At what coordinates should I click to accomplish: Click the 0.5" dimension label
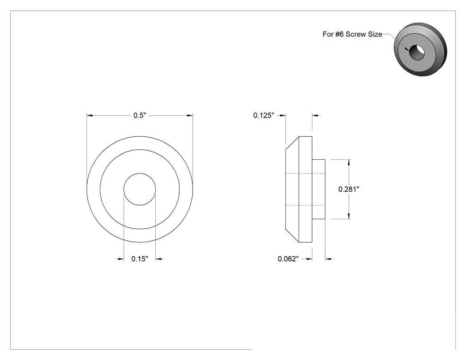[140, 115]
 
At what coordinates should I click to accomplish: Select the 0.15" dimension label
[140, 259]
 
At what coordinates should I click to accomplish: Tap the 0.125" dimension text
[264, 115]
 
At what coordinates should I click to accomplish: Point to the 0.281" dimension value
[349, 189]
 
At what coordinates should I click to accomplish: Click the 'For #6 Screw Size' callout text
[352, 34]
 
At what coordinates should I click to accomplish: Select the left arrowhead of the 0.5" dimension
[90, 115]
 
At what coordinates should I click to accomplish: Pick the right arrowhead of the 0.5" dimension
[190, 115]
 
